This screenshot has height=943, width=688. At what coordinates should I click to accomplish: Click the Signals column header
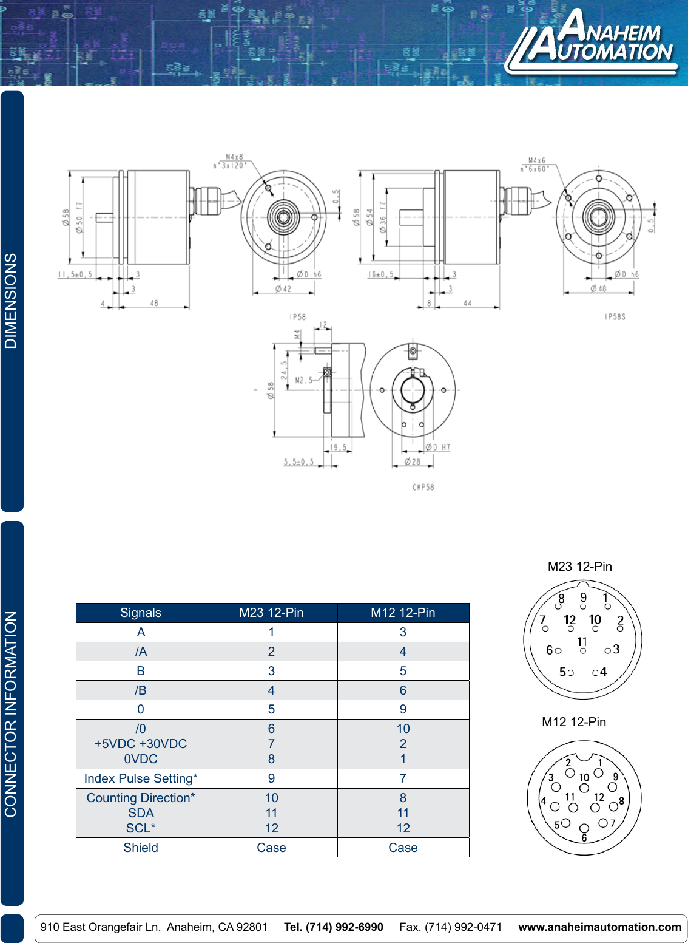coord(141,613)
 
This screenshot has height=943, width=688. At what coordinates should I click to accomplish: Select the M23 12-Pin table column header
coord(271,613)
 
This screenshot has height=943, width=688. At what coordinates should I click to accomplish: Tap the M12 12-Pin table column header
coord(403,613)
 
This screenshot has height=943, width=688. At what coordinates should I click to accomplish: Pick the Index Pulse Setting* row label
coord(141,778)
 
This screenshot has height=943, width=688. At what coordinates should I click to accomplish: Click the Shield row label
coord(141,848)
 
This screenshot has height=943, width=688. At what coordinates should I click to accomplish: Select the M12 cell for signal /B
coord(403,690)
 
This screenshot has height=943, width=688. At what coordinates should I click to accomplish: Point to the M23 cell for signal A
coord(271,632)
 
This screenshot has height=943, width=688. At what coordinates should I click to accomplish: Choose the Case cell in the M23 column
coord(271,848)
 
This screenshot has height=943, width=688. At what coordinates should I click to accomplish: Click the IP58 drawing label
coord(298,317)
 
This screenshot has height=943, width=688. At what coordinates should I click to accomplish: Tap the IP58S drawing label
coord(615,317)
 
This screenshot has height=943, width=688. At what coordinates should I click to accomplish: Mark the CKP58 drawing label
coord(423,487)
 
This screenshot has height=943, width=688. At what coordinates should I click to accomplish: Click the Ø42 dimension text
coord(283,289)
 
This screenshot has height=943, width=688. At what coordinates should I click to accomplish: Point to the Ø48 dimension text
coord(598,288)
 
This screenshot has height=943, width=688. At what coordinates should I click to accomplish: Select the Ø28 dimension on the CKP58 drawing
coord(413,462)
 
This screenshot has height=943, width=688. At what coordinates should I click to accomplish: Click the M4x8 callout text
coord(234,157)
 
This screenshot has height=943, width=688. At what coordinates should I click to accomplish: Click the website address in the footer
coord(599,927)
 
